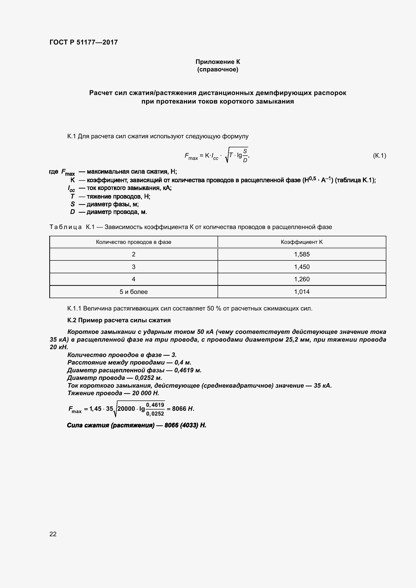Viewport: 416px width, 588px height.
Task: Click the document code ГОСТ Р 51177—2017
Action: click(84, 42)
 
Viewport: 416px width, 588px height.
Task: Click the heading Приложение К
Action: click(218, 62)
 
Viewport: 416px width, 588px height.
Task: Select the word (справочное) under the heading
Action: click(218, 70)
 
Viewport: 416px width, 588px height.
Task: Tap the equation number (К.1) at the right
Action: click(379, 155)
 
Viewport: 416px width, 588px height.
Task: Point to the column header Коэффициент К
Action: click(302, 242)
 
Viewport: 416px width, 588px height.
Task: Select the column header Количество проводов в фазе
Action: click(134, 242)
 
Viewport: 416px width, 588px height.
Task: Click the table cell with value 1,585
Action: click(302, 254)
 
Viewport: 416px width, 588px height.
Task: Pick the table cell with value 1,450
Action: click(302, 267)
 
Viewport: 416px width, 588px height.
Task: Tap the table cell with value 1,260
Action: click(302, 279)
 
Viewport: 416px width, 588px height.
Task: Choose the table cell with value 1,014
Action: click(302, 292)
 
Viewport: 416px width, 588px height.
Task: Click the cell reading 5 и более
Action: click(134, 292)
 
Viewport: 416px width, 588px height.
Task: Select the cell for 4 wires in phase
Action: click(134, 279)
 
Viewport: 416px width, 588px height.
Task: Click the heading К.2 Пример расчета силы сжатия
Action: click(119, 320)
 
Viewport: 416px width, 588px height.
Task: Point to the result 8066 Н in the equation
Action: click(183, 409)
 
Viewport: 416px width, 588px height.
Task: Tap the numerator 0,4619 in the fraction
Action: click(155, 405)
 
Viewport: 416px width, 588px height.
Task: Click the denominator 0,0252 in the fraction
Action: click(155, 413)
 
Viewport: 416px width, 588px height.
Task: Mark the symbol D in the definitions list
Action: click(72, 212)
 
